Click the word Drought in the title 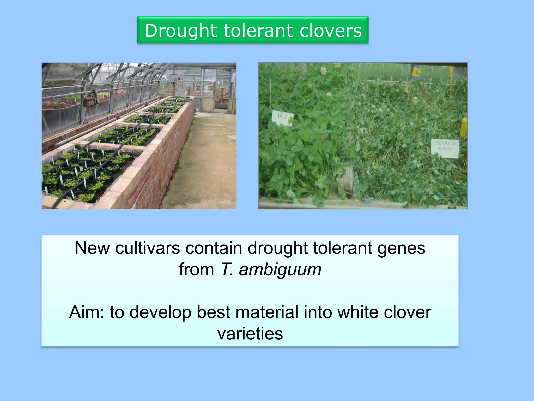[181, 31]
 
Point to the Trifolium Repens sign [445, 148]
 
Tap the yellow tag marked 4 [416, 72]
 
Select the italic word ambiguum [280, 269]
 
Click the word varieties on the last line [250, 334]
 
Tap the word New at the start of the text [92, 248]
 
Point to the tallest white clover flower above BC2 [324, 70]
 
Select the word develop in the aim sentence [160, 312]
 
